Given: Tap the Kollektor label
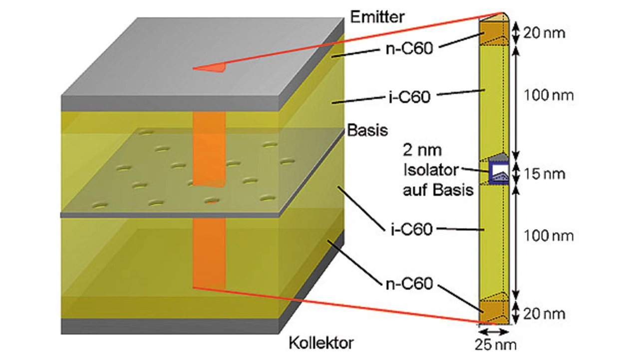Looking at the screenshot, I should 321,343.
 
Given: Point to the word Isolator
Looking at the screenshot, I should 430,170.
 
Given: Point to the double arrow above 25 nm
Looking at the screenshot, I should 494,331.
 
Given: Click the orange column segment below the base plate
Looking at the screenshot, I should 209,252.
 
